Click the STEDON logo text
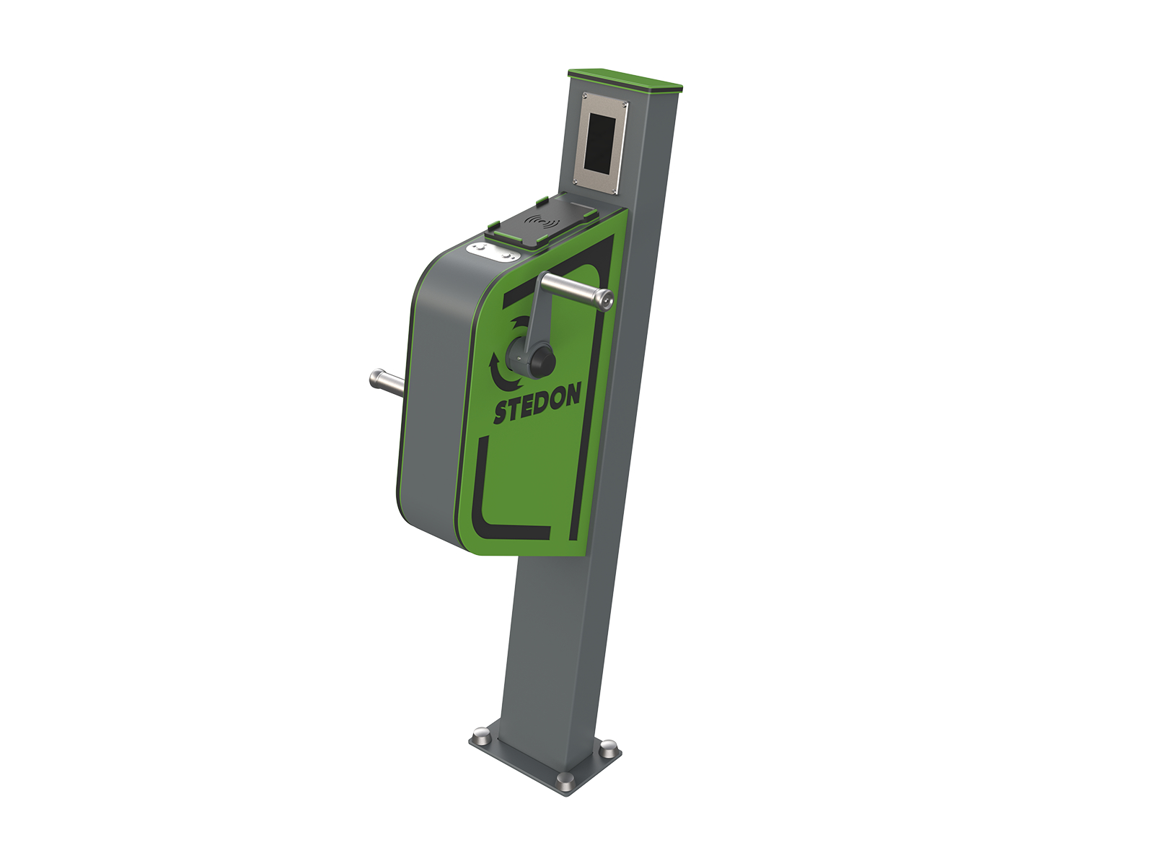[537, 403]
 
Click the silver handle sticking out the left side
[387, 380]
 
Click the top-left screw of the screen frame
[585, 97]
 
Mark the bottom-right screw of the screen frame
[615, 190]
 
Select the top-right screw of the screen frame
[625, 105]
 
